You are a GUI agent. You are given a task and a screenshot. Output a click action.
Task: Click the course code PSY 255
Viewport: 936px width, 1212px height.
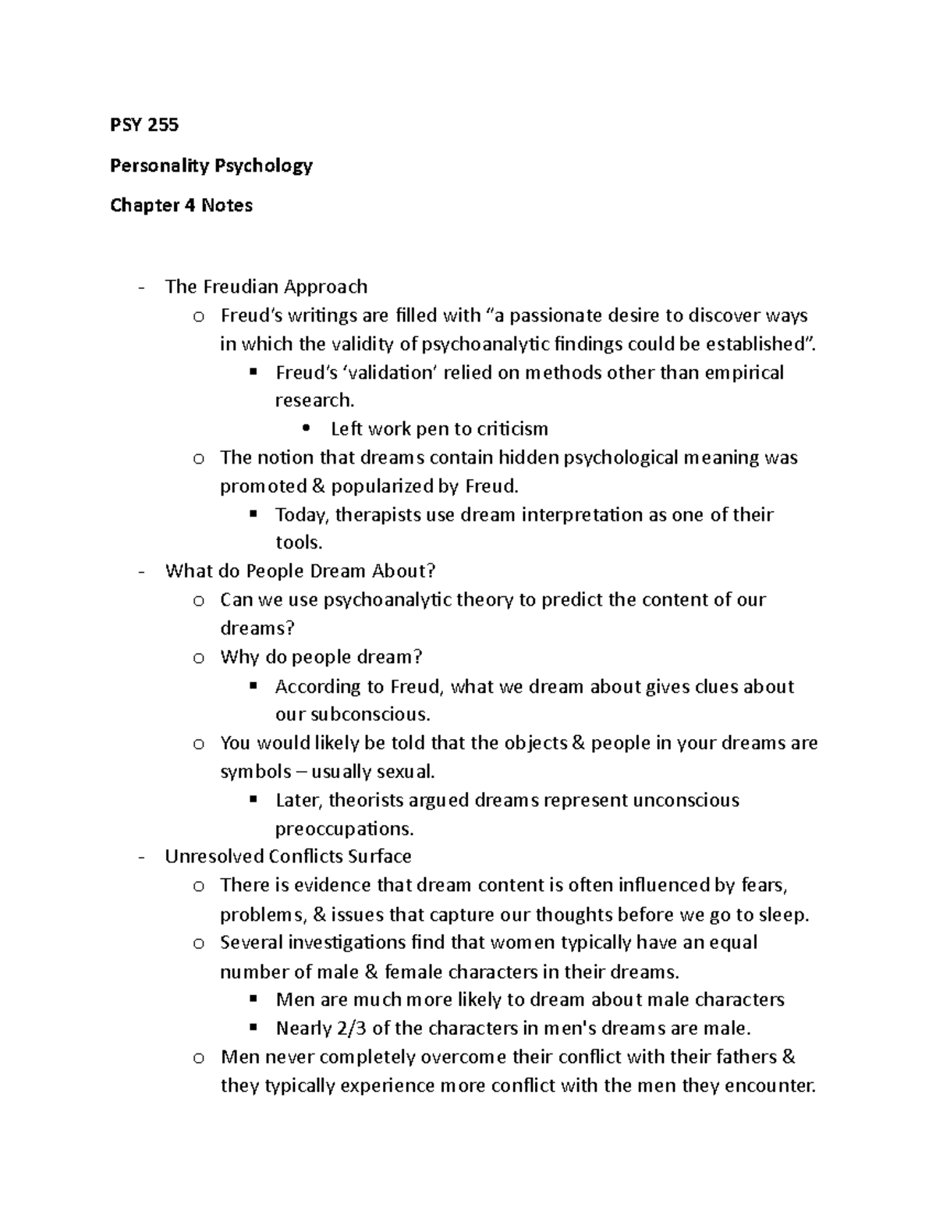(x=144, y=125)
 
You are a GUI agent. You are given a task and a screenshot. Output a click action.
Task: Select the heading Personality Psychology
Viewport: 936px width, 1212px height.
(x=211, y=165)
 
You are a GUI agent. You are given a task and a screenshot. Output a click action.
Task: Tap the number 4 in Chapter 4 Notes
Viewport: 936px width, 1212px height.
(x=189, y=205)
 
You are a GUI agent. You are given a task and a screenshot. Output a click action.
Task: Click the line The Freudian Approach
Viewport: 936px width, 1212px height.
(x=266, y=286)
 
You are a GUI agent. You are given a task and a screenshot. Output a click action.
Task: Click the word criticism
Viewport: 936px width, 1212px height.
(x=512, y=428)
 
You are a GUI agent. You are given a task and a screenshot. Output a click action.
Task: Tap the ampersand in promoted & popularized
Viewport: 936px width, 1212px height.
(x=317, y=486)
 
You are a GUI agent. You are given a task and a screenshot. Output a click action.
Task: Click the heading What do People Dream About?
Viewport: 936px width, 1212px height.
(x=300, y=571)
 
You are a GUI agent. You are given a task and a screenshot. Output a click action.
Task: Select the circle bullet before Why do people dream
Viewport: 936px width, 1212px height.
(x=198, y=658)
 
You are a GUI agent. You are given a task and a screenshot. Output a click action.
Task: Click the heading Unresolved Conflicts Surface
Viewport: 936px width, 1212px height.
(x=288, y=856)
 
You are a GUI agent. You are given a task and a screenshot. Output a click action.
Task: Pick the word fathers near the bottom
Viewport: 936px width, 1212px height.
(x=749, y=1057)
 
